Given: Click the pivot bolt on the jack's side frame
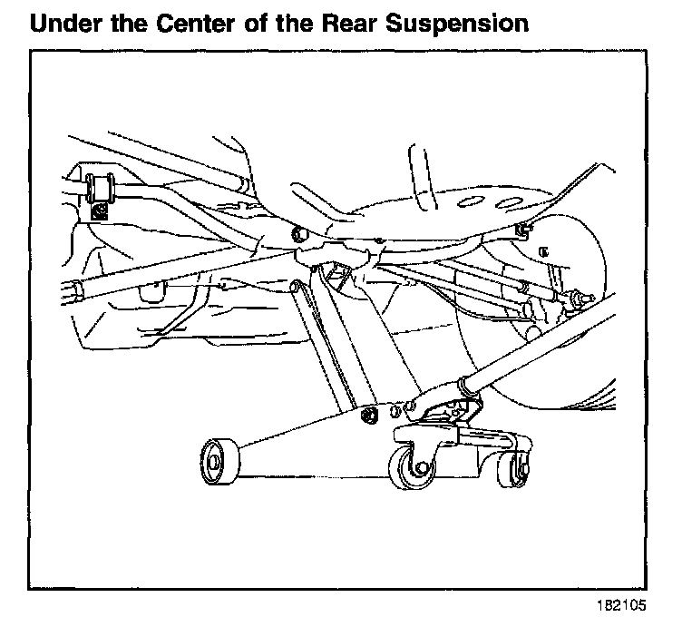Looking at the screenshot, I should (x=369, y=416).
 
